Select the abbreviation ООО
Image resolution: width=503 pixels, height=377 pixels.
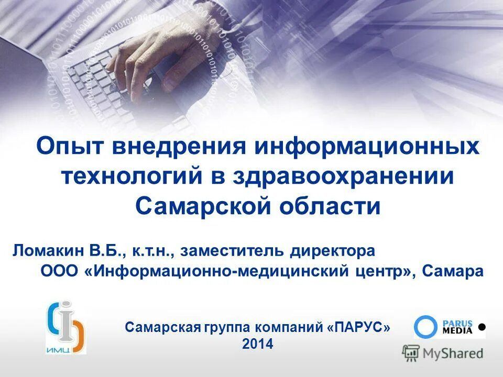click(60, 272)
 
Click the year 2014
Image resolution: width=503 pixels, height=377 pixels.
click(258, 344)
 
